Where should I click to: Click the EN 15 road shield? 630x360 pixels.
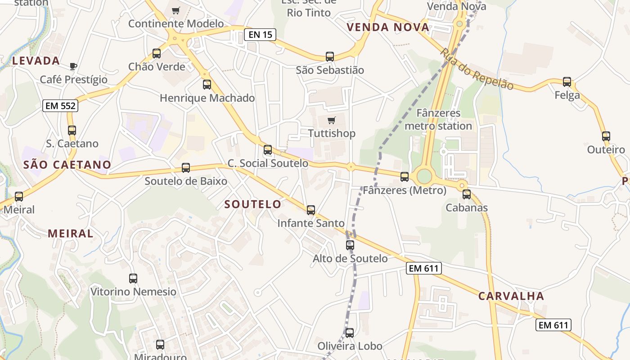[x=260, y=34]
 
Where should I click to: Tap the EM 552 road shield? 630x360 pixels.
[x=61, y=106]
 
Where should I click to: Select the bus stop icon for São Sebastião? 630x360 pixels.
[x=330, y=57]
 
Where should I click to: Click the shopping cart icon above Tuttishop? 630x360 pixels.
[x=332, y=120]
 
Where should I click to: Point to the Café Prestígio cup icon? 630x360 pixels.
[x=73, y=67]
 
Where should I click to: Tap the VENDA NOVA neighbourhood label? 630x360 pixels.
[x=388, y=27]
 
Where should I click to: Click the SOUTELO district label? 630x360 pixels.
[x=253, y=204]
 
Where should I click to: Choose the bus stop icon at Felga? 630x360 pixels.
[x=567, y=82]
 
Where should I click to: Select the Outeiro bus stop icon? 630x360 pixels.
[x=606, y=136]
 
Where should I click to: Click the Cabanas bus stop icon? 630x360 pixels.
[x=467, y=194]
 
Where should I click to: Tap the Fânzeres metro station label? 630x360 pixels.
[x=438, y=119]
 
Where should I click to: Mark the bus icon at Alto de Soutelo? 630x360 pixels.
[x=350, y=245]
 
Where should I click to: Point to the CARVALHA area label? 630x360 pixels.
[x=511, y=296]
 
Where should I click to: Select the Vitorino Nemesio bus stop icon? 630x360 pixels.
[x=133, y=278]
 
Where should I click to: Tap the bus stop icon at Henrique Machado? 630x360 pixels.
[x=207, y=84]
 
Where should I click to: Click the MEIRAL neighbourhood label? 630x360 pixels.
[x=71, y=234]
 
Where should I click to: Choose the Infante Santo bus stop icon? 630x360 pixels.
[x=311, y=210]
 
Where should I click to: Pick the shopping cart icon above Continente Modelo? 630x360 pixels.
[x=176, y=10]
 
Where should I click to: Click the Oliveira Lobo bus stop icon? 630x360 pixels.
[x=350, y=333]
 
